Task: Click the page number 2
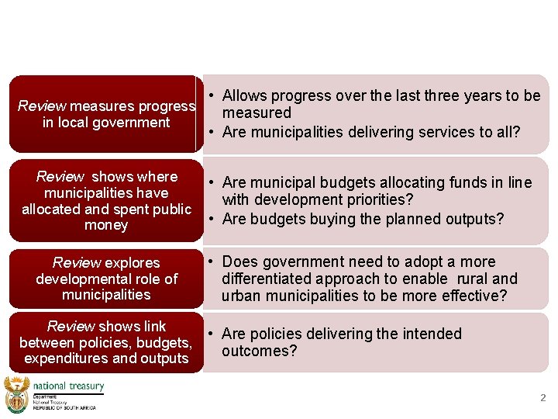coord(542,398)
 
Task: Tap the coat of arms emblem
coord(15,394)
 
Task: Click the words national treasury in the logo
coord(68,386)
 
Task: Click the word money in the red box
coord(106,225)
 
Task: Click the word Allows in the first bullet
coord(244,95)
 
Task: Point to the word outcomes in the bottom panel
coord(256,351)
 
